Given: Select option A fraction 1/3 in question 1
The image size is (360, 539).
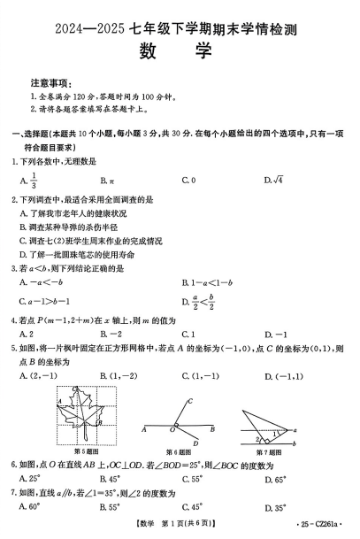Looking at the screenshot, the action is point(29,181).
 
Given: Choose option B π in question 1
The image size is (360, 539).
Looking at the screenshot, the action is point(108,181).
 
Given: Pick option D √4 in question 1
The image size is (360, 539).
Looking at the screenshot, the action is point(272,181).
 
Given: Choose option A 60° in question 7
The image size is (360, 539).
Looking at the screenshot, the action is point(30,508).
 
